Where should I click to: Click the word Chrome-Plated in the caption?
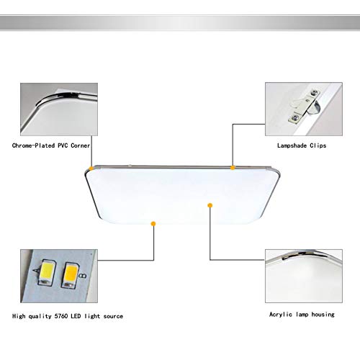36,145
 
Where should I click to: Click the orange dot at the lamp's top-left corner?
90,169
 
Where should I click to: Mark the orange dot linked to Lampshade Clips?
233,167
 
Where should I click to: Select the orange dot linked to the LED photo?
152,224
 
